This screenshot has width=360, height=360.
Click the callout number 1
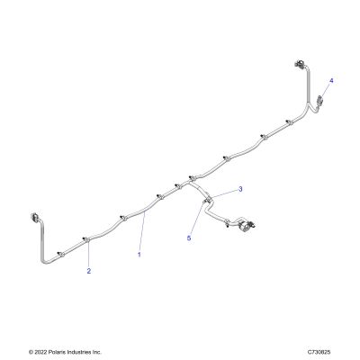139,255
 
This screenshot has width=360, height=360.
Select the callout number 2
89,271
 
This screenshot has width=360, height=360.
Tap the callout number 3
240,189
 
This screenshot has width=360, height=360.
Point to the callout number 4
331,81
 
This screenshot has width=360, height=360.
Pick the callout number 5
189,238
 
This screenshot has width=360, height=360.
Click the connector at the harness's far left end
34,217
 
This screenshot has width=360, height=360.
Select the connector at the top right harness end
300,64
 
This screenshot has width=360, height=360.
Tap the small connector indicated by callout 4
319,99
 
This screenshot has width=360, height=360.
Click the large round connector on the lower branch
244,224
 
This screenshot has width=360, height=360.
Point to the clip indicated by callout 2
85,239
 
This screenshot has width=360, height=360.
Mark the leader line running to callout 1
142,232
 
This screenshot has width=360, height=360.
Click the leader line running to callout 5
197,219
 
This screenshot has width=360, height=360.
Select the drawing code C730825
319,352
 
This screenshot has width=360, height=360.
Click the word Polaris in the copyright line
54,352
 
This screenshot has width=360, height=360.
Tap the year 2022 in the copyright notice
40,352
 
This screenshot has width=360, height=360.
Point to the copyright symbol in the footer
31,352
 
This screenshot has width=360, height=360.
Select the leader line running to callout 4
325,90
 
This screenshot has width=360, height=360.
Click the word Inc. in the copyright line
96,352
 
